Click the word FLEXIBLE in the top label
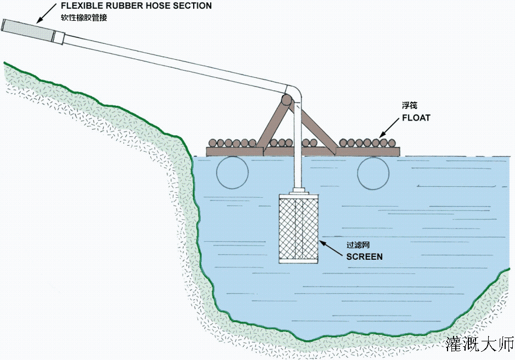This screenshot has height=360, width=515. (81, 6)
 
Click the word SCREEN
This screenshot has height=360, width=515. (364, 256)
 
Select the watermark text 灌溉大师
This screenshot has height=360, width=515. (480, 344)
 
